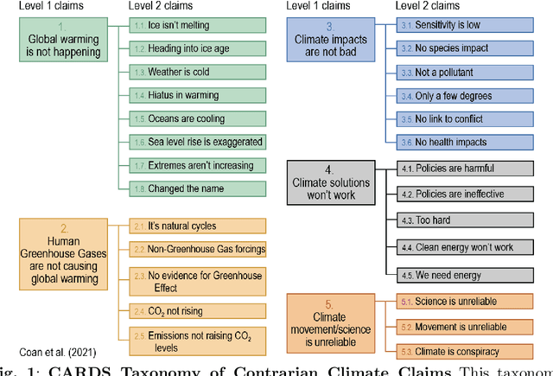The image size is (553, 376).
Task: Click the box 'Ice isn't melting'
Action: pyautogui.click(x=197, y=25)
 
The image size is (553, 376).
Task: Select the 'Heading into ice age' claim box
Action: pyautogui.click(x=197, y=48)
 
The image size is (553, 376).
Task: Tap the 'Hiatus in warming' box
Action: pyautogui.click(x=197, y=94)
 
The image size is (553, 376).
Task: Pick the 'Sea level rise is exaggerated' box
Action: pyautogui.click(x=197, y=140)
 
